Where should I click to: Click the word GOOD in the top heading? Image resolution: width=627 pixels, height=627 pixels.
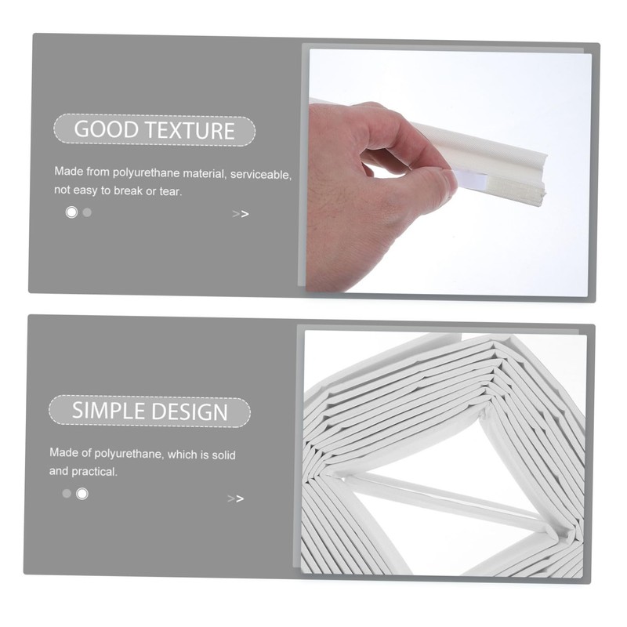[100, 130]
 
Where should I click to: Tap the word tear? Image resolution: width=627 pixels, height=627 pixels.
[175, 190]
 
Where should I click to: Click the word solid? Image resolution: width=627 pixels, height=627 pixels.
[220, 455]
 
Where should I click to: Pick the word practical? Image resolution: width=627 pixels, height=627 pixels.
[96, 472]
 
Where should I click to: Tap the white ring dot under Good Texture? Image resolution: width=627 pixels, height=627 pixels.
[72, 212]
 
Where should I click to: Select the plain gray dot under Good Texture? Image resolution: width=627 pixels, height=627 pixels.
[87, 212]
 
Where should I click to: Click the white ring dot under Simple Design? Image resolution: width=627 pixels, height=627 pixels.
[82, 494]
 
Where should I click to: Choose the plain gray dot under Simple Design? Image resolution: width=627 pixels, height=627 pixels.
[67, 494]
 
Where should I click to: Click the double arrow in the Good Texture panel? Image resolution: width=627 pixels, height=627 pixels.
[241, 214]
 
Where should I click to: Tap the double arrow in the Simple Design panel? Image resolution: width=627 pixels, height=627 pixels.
[235, 498]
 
